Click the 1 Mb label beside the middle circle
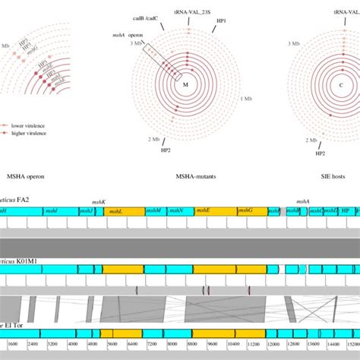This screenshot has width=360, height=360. [246, 99]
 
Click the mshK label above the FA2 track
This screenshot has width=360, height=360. [99, 203]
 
